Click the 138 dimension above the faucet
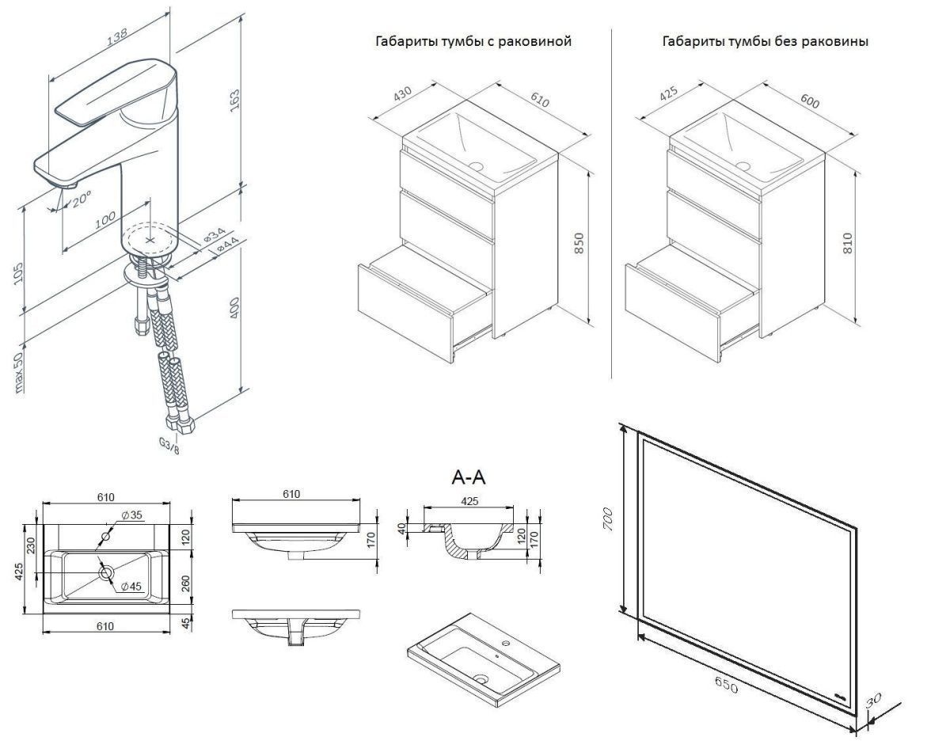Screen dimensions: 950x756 (x=117, y=36)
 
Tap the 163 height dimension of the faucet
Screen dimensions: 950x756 (x=235, y=101)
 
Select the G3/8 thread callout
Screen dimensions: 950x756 (x=169, y=446)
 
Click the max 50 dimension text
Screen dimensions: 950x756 (x=18, y=372)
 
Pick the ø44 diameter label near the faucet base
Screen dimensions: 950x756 (x=228, y=246)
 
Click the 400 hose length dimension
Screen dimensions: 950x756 (x=234, y=308)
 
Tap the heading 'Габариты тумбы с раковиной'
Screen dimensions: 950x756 (x=473, y=41)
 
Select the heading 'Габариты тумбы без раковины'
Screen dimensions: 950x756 (x=766, y=41)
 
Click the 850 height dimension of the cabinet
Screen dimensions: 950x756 (x=579, y=243)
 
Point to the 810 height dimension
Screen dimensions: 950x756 (x=848, y=243)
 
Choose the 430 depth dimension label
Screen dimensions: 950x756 (x=402, y=93)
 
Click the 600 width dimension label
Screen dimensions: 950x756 (x=810, y=101)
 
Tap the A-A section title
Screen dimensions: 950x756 (x=469, y=477)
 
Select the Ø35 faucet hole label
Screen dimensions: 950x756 (x=131, y=515)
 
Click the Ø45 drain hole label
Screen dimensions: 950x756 (x=131, y=587)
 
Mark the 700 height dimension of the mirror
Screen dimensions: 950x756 (x=608, y=519)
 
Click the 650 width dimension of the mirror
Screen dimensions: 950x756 (x=726, y=685)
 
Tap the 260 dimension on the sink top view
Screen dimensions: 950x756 (x=185, y=583)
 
